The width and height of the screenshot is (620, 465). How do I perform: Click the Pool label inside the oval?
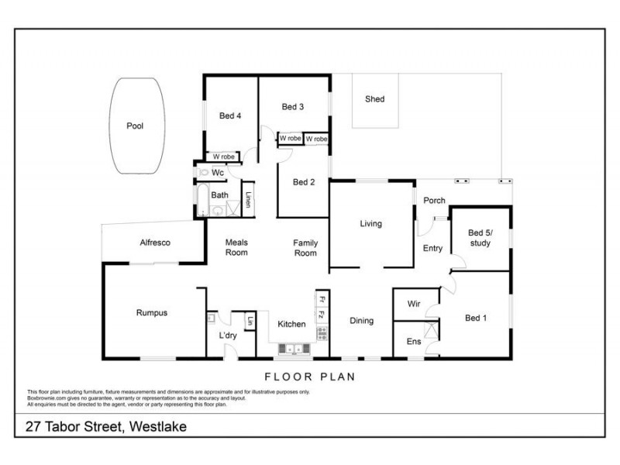(x=135, y=126)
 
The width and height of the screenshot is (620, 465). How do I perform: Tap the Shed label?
(x=374, y=99)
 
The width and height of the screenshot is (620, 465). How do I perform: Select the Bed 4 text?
(x=230, y=116)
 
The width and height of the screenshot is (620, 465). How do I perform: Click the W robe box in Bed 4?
(x=224, y=157)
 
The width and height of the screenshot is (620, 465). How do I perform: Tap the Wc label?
(x=218, y=173)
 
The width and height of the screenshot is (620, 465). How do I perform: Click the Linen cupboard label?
(x=248, y=200)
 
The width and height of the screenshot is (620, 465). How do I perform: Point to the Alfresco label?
(x=154, y=243)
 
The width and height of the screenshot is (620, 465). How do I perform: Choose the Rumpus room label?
(x=152, y=313)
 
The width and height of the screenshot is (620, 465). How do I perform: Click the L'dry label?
(x=228, y=335)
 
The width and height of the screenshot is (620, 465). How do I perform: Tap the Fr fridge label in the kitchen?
(x=321, y=298)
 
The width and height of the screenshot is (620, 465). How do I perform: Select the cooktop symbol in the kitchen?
(x=321, y=334)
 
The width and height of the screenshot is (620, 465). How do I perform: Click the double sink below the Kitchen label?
(x=294, y=350)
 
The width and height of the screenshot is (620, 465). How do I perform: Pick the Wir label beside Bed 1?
(x=414, y=305)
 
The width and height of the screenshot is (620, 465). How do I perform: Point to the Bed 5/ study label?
(x=480, y=238)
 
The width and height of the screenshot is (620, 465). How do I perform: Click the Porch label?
(x=434, y=201)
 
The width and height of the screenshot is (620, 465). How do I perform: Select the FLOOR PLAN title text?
(x=310, y=377)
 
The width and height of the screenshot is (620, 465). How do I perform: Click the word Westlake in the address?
(x=158, y=426)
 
